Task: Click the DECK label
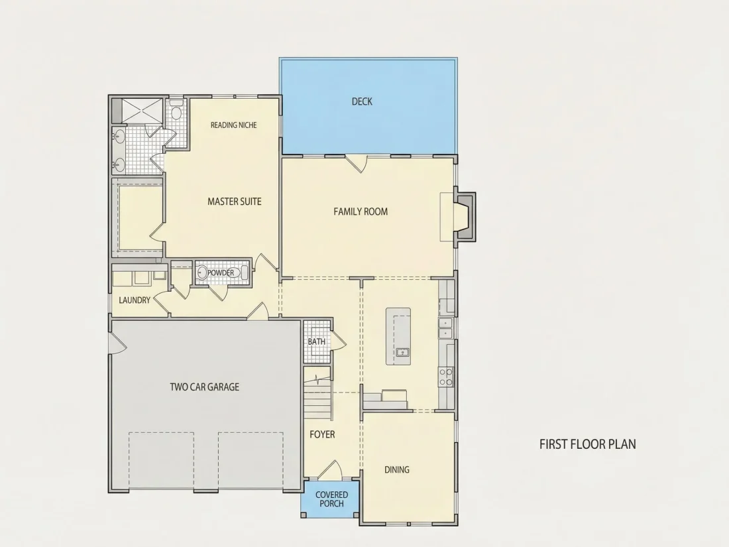(x=362, y=101)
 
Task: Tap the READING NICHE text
(x=233, y=125)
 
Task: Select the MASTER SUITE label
(x=235, y=202)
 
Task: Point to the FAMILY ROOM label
(x=361, y=212)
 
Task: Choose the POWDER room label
(x=221, y=273)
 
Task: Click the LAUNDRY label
(x=135, y=300)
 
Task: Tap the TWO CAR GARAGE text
(x=205, y=387)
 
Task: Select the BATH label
(x=317, y=341)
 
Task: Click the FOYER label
(x=322, y=434)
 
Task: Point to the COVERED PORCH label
(x=331, y=499)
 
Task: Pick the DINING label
(x=396, y=470)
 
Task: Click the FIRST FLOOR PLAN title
(x=588, y=444)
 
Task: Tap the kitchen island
(x=398, y=336)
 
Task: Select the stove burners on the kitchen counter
(x=446, y=377)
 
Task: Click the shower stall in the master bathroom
(x=142, y=111)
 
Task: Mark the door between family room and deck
(x=357, y=163)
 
